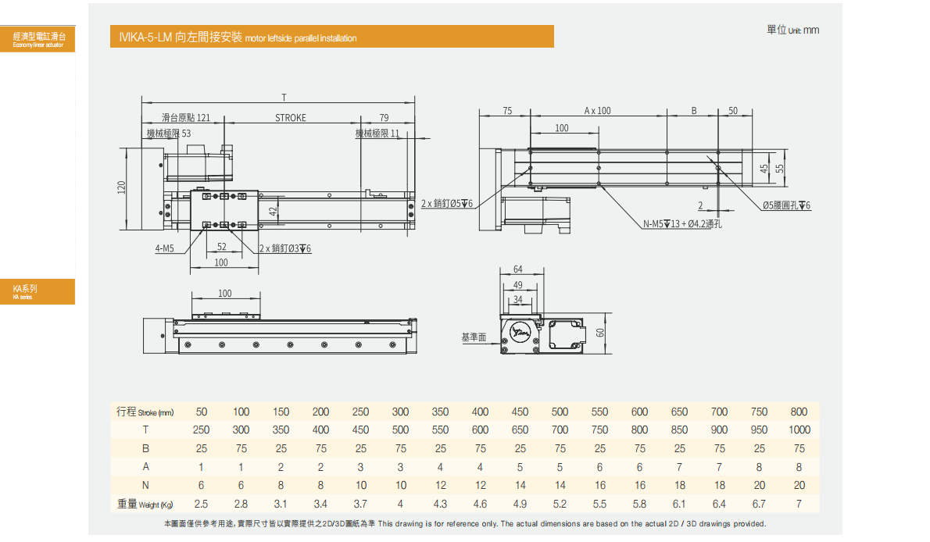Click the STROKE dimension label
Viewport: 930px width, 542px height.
(291, 118)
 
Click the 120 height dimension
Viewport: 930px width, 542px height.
(122, 188)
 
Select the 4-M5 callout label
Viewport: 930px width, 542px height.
(164, 249)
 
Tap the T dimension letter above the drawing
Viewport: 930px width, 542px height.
(284, 98)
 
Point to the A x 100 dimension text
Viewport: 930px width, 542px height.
(597, 111)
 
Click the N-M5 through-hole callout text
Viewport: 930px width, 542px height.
(682, 224)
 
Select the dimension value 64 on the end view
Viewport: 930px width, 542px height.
(518, 269)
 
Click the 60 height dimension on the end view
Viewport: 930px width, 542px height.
(600, 333)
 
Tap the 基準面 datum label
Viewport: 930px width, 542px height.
(474, 337)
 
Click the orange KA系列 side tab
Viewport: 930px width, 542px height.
(38, 291)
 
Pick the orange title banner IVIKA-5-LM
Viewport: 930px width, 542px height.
(332, 37)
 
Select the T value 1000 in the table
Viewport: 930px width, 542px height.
(799, 430)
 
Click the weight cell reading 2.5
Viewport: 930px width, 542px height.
(201, 505)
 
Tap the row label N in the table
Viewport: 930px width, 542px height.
(145, 486)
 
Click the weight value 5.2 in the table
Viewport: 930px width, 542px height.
(560, 505)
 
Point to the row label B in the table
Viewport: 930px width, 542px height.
(145, 448)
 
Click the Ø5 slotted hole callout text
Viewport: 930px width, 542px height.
(786, 205)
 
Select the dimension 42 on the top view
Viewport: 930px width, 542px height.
(273, 211)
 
